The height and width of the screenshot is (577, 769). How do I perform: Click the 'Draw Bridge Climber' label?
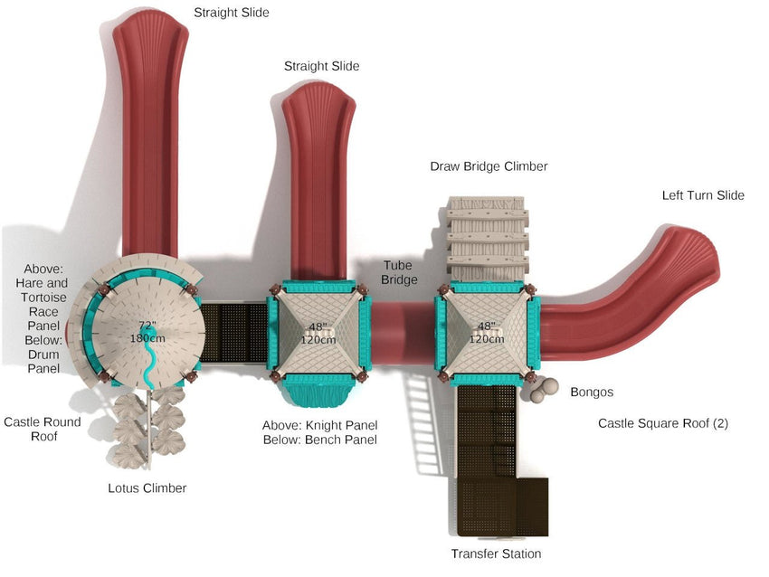(x=489, y=166)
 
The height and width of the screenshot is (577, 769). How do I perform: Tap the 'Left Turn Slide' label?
(x=702, y=195)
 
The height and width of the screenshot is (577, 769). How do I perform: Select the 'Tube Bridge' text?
(x=400, y=272)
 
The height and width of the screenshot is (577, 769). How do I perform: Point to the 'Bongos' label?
(x=592, y=393)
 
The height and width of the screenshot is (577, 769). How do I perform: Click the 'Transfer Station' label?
(x=496, y=553)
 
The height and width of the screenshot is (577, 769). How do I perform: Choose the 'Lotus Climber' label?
(x=147, y=488)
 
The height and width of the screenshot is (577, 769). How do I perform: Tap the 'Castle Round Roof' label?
(x=42, y=430)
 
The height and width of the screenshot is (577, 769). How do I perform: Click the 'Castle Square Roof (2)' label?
(x=662, y=423)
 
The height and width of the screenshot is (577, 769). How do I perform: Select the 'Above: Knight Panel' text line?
(x=319, y=425)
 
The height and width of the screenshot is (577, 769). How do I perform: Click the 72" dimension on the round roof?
(x=147, y=326)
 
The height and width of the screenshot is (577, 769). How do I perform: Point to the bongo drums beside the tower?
(x=543, y=390)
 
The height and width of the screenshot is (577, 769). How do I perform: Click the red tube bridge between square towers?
(x=403, y=332)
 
